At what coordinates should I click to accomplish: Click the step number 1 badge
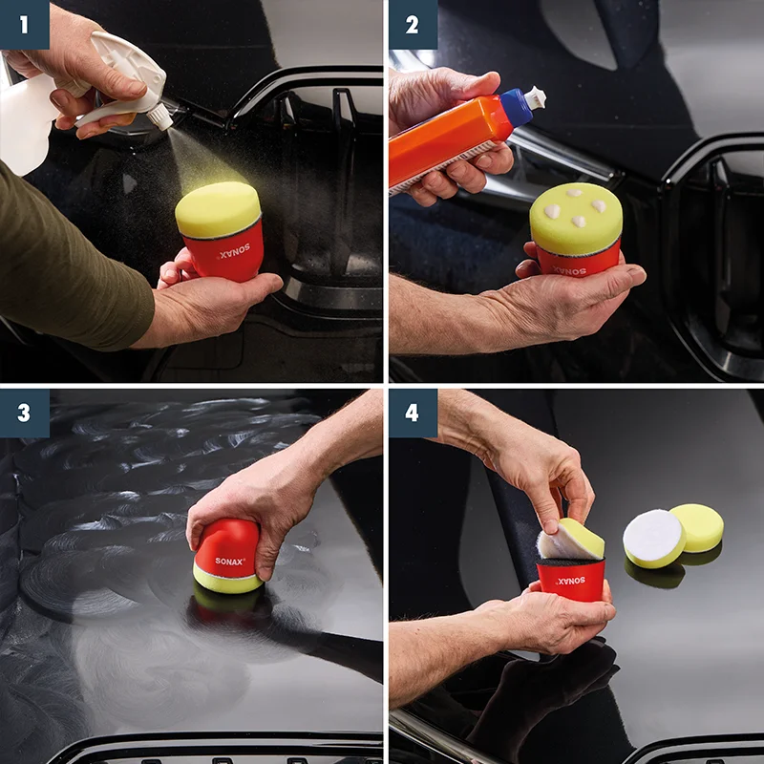25,25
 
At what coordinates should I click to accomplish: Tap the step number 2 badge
413,25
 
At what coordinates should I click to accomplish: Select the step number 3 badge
25,413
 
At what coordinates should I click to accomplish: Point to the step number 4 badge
413,413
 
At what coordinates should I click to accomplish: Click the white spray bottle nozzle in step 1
159,117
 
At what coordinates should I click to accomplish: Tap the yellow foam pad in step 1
218,209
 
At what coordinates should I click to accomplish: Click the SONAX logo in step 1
234,251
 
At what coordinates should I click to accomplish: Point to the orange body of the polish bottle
448,141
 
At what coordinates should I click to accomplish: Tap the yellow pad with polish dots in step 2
577,218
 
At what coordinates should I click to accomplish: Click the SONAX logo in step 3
230,561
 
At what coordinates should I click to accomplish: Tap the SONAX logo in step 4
571,581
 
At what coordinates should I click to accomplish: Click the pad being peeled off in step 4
571,540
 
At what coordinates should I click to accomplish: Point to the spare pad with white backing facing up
654,539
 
